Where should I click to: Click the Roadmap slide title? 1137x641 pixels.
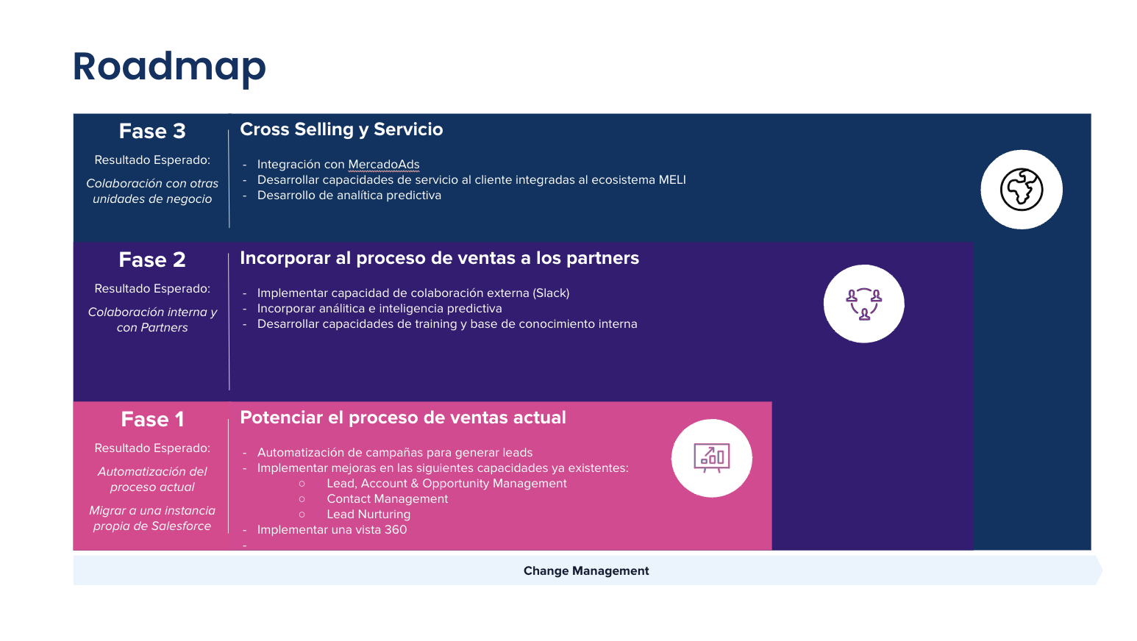click(169, 67)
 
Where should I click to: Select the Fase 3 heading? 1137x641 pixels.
click(152, 132)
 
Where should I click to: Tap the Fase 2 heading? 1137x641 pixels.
click(152, 260)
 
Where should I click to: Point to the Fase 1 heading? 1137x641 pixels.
click(152, 420)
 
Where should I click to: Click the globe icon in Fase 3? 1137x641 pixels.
click(1022, 190)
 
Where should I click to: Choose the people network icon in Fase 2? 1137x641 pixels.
click(863, 304)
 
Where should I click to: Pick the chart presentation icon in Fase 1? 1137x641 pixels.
click(711, 458)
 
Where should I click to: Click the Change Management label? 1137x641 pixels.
click(586, 571)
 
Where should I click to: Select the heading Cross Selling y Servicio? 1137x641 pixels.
click(341, 129)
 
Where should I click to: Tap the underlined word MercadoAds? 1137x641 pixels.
click(384, 165)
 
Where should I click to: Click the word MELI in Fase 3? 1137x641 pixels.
click(672, 180)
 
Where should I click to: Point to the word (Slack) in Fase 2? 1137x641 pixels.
click(552, 293)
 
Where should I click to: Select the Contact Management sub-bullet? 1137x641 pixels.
click(387, 499)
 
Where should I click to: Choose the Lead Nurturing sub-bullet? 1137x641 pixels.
click(368, 515)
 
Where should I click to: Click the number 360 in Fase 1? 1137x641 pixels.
click(396, 530)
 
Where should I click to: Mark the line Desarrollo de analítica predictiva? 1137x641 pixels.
click(349, 196)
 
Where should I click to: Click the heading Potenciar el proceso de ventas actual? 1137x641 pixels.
click(403, 418)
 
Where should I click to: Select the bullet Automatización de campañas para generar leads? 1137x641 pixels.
click(395, 453)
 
